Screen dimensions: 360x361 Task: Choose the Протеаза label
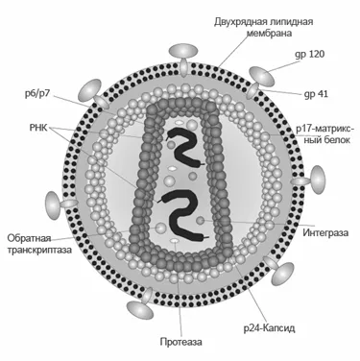coord(180,340)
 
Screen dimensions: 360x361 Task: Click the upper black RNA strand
coord(180,143)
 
